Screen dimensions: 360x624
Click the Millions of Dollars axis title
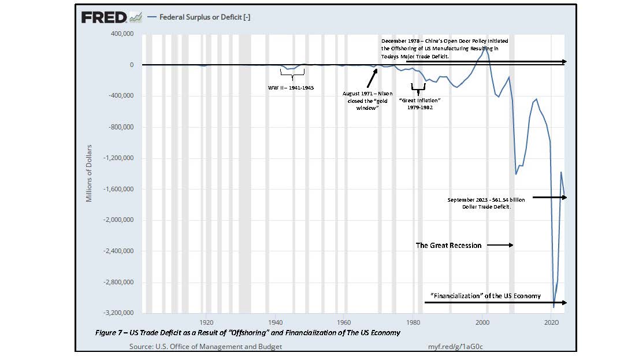(89, 173)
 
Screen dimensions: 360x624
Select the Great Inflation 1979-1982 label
(420, 103)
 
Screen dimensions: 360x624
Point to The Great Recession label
(448, 245)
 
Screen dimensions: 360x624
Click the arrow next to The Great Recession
(499, 245)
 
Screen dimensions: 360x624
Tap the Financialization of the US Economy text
(486, 296)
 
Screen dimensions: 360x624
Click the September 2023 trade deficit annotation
(486, 203)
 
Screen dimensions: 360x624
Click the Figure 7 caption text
(248, 333)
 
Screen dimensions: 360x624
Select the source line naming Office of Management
(206, 346)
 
